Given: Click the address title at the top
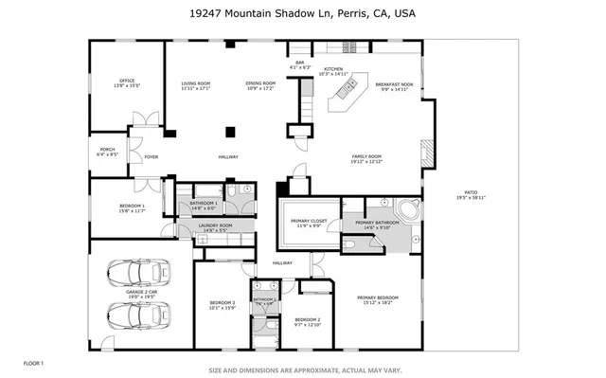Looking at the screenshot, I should click(303, 14).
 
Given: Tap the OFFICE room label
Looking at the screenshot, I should click(128, 81).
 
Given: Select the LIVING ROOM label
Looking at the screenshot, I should click(196, 83).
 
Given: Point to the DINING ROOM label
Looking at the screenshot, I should click(260, 83).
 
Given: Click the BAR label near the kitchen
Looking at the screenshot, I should click(299, 63).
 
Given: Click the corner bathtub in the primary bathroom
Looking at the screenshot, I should click(408, 210).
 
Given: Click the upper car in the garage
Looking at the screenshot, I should click(140, 272).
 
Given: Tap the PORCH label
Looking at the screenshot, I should click(108, 148).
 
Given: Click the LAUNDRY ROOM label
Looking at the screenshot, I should click(215, 225).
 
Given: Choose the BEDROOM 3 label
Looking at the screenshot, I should click(222, 302).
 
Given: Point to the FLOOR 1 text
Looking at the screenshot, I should click(33, 363).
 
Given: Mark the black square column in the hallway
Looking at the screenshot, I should click(229, 133).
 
